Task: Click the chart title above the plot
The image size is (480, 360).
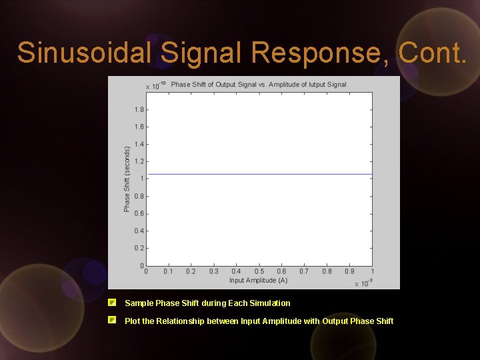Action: (x=259, y=85)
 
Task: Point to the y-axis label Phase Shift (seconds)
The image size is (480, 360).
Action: (x=127, y=179)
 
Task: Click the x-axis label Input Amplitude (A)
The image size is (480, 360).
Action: (x=258, y=280)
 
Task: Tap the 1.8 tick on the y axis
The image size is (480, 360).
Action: (x=139, y=109)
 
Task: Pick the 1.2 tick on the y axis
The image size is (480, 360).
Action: (x=139, y=161)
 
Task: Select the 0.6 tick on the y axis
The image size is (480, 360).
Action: (x=139, y=213)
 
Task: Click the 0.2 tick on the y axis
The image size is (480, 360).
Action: (x=139, y=248)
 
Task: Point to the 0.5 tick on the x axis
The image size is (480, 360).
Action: (x=259, y=271)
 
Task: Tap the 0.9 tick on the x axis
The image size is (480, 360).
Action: (x=349, y=271)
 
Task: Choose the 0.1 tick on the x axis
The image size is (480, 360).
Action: (x=168, y=271)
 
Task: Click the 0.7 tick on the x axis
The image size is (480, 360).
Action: (x=304, y=271)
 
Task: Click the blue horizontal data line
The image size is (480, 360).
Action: (x=260, y=174)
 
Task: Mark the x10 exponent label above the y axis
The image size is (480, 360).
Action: (x=153, y=86)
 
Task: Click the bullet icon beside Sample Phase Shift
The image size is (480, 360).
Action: (x=113, y=302)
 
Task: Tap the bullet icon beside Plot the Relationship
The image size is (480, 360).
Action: (x=113, y=320)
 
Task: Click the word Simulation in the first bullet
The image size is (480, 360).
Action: (x=269, y=303)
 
